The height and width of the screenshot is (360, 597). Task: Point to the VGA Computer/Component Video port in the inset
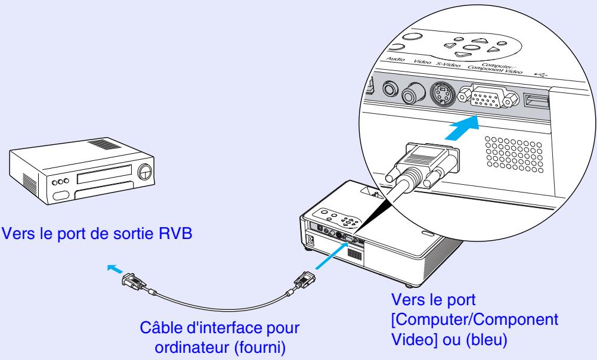487,98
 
